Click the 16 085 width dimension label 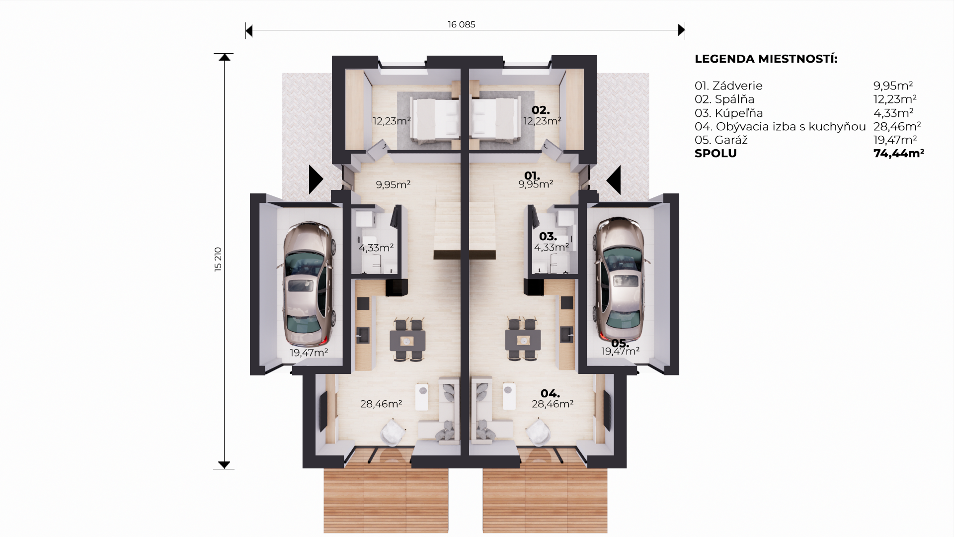coord(461,24)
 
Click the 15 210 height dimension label coord(218,259)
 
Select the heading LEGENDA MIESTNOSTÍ coord(766,59)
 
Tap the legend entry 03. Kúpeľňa coord(728,113)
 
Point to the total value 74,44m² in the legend coord(898,153)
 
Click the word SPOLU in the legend coord(715,153)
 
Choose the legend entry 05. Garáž coord(721,140)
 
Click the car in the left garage coord(309,284)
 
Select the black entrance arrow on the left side coord(316,179)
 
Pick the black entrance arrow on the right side coord(614,179)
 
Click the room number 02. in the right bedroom coord(541,110)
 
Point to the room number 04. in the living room coord(550,394)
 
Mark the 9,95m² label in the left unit coord(393,184)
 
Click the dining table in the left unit coord(408,341)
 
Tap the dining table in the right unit coord(523,341)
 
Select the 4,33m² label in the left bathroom coord(376,248)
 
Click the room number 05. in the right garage coord(620,343)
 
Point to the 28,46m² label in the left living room coord(381,404)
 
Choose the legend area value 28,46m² coord(897,126)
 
